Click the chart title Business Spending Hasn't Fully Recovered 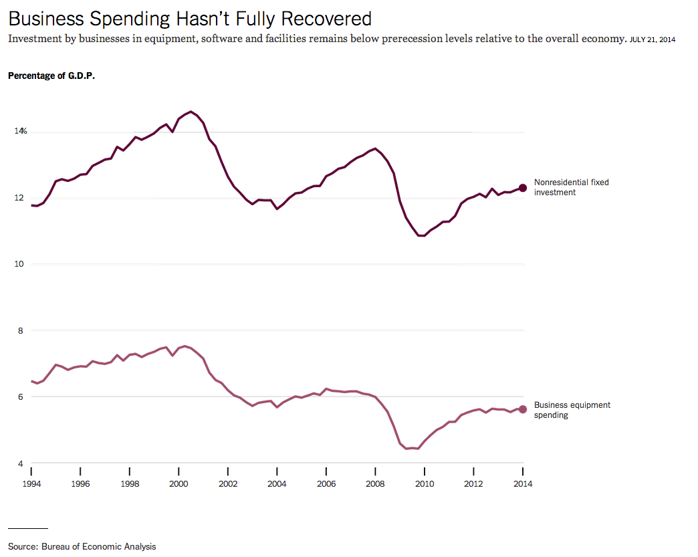[189, 18]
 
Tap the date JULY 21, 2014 [653, 40]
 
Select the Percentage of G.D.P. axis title [51, 76]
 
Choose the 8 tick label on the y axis [20, 330]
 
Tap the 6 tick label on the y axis [20, 397]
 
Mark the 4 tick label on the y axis [20, 463]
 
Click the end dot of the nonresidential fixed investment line [523, 188]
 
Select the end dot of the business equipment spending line [523, 409]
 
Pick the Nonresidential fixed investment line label [572, 187]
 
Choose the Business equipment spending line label [572, 410]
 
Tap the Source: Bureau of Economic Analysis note [82, 546]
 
